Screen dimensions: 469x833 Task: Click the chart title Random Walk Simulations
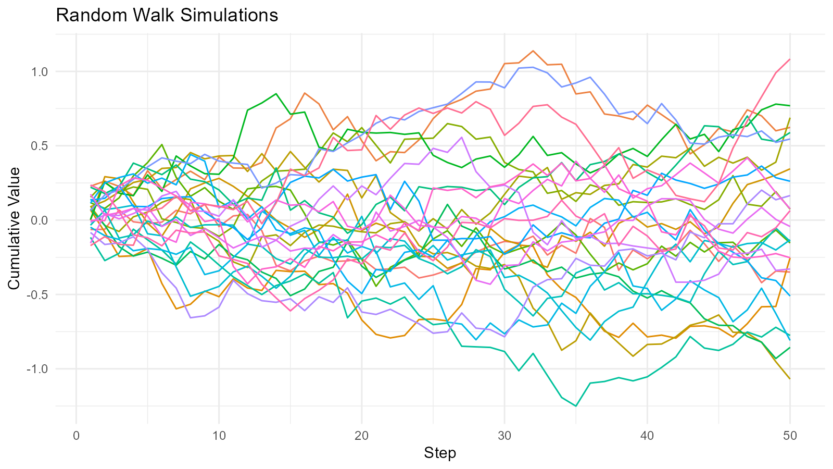click(x=167, y=15)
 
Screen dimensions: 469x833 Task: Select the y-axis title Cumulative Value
click(x=14, y=228)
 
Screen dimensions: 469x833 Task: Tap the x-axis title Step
click(x=440, y=453)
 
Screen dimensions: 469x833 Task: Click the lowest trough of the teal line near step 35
click(x=576, y=406)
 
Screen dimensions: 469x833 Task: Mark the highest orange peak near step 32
click(x=533, y=51)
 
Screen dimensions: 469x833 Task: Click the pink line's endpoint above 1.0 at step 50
click(x=790, y=59)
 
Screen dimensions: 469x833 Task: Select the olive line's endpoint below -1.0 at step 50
click(x=790, y=379)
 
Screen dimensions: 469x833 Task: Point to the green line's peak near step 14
click(x=276, y=94)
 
